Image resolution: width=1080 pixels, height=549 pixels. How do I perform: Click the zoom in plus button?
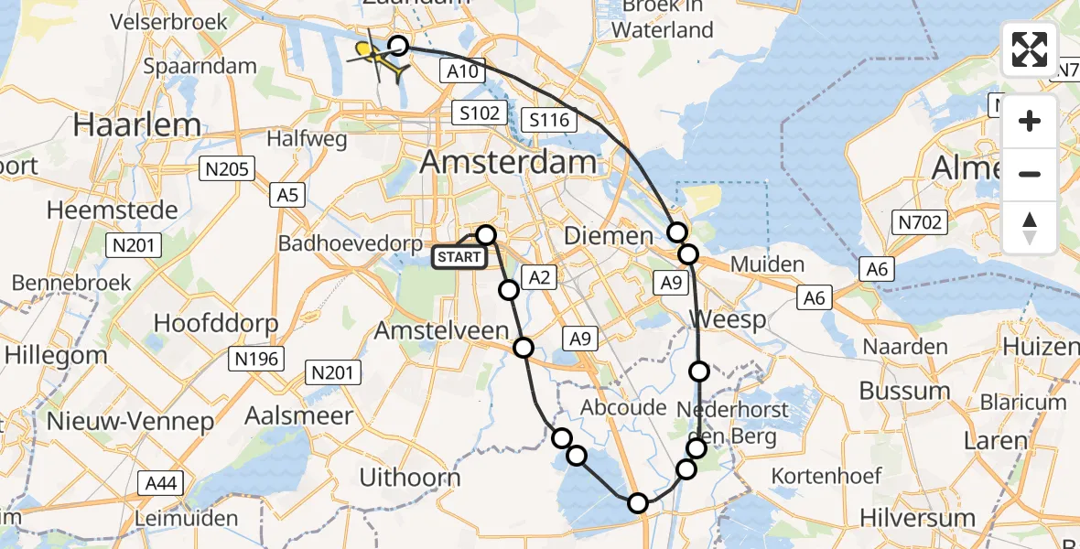click(x=1030, y=122)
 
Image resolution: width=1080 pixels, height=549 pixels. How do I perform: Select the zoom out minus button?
click(x=1030, y=174)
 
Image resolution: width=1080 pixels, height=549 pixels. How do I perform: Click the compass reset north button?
click(x=1030, y=227)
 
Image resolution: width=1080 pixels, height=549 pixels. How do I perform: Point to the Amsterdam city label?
click(x=508, y=164)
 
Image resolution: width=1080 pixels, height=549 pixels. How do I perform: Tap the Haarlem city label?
click(x=138, y=124)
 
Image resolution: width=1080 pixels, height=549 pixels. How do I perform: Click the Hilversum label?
click(x=917, y=518)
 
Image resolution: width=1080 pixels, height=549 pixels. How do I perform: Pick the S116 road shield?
click(x=549, y=120)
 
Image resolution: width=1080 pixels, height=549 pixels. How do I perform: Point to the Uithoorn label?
click(x=410, y=477)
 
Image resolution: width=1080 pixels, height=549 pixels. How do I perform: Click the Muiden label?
click(x=767, y=265)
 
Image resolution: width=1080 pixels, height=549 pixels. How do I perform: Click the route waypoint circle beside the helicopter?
click(x=398, y=45)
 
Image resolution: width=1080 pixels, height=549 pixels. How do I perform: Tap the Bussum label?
click(x=904, y=391)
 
